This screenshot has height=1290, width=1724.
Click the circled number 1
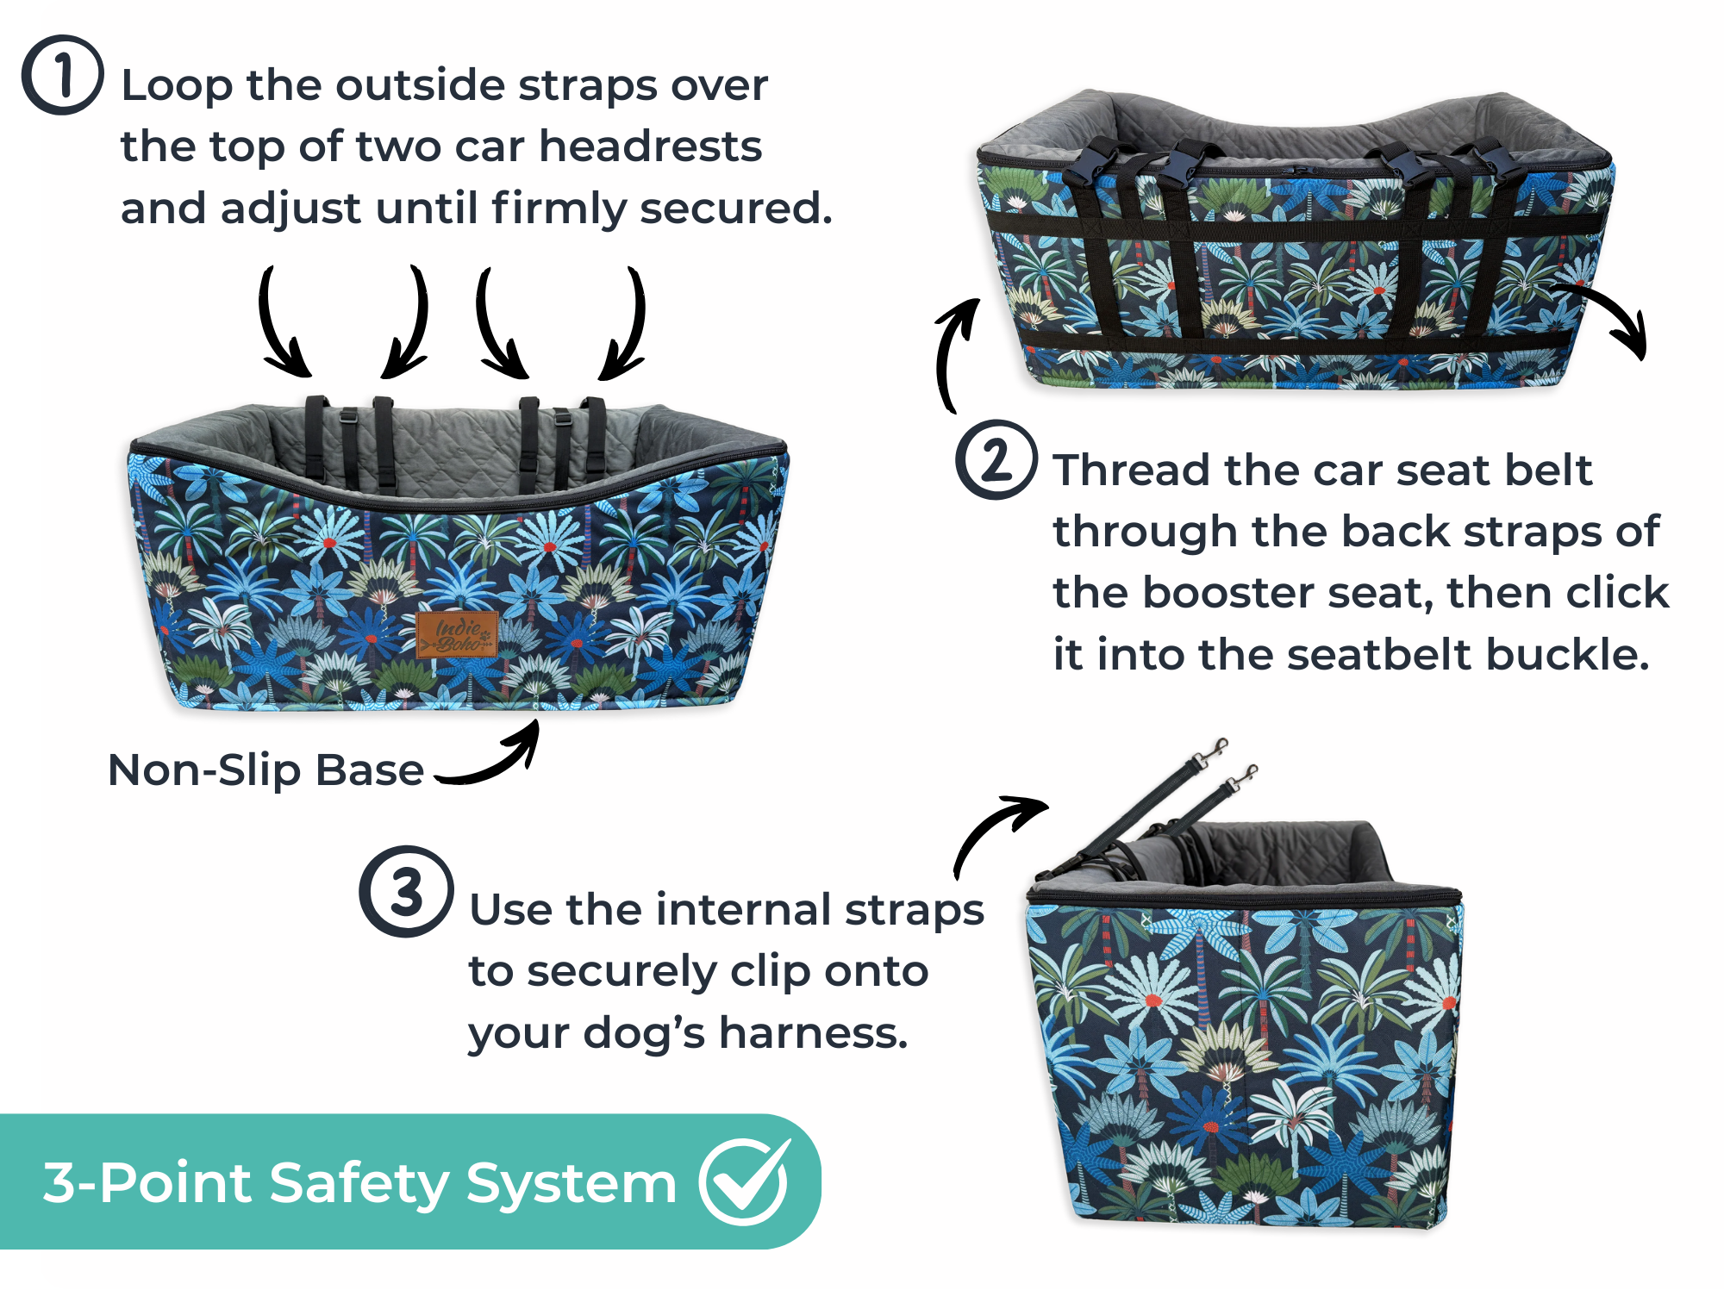[62, 75]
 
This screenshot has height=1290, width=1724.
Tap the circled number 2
[996, 459]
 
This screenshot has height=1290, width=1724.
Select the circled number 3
[406, 891]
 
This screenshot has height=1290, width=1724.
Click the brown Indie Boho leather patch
[457, 635]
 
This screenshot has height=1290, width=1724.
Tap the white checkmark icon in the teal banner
[745, 1181]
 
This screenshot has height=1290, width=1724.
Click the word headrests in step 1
[651, 146]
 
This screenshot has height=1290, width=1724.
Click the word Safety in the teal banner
[359, 1184]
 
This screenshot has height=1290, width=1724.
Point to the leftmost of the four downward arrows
[282, 324]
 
